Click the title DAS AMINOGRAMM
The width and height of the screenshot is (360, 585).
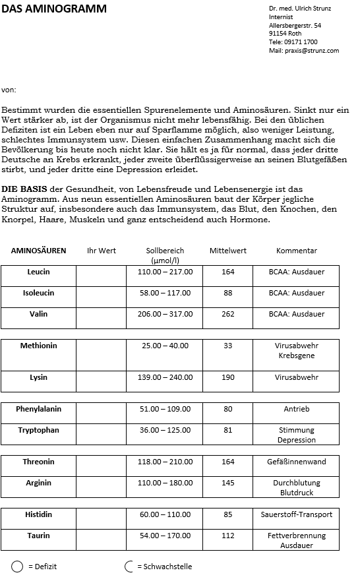click(54, 9)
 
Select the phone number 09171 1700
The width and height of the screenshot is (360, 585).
click(301, 42)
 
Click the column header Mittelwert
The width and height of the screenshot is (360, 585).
click(227, 251)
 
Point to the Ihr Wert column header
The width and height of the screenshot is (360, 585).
click(101, 251)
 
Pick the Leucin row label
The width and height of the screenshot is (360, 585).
click(38, 272)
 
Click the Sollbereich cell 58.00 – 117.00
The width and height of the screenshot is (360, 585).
click(164, 293)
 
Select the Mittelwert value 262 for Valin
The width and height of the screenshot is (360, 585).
click(227, 314)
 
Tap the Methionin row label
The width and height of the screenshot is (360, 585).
click(38, 346)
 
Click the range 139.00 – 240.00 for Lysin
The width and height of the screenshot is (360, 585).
click(164, 377)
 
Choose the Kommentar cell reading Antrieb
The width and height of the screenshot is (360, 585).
click(296, 409)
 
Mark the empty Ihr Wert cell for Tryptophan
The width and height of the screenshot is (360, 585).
click(101, 435)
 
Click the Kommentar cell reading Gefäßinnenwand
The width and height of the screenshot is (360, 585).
click(296, 462)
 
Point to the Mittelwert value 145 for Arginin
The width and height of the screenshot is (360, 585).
click(227, 483)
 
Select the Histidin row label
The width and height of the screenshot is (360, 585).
click(38, 514)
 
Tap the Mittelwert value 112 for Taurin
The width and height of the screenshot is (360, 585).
click(227, 536)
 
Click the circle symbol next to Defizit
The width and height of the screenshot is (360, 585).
click(18, 567)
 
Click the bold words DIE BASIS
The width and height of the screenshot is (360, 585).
click(24, 189)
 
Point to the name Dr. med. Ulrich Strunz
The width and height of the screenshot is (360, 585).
click(300, 8)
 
